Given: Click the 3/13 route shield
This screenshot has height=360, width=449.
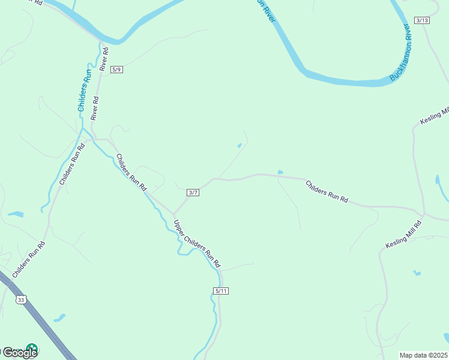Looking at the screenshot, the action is coord(422,20).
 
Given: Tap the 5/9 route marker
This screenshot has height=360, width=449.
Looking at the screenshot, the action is coord(116,70).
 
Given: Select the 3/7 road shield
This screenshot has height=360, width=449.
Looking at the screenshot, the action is coord(193,192).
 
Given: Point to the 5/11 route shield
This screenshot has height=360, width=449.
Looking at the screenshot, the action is coord(221,291).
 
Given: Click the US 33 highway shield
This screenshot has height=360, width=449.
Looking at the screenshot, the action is coord(22,299).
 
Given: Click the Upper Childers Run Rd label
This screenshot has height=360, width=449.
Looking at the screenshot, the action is coord(197,244).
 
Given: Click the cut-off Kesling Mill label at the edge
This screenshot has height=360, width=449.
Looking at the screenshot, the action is coord(435,116).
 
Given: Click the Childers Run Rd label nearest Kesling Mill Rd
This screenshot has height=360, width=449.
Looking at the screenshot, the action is coord(327,192).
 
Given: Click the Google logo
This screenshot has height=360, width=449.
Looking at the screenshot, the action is coord(19,352).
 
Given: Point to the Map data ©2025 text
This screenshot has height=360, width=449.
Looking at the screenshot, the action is coord(424,355).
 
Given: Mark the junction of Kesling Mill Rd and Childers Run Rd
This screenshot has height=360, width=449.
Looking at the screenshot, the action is coord(423,214).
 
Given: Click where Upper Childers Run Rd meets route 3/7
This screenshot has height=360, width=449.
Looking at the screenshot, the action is coord(174,214).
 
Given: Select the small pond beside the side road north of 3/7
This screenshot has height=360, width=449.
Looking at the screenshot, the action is coord(240,145).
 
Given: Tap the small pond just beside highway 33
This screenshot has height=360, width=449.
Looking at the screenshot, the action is coord(59,317).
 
